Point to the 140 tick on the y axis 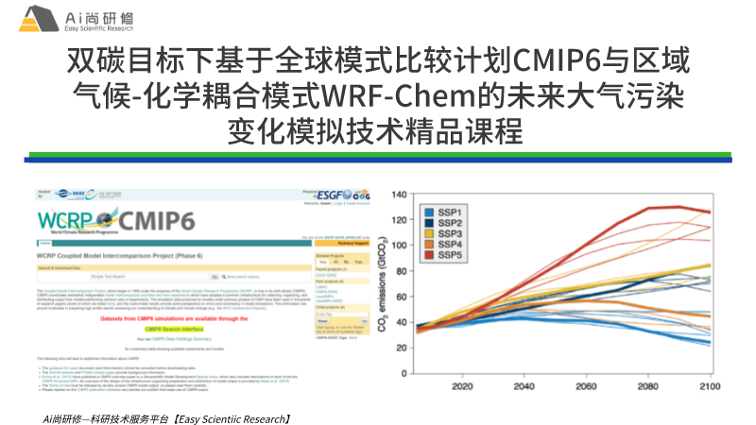tap(398, 195)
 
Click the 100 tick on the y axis tap(398, 245)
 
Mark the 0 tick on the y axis tap(402, 369)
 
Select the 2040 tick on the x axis tap(524, 386)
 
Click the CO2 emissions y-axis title tap(385, 282)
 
